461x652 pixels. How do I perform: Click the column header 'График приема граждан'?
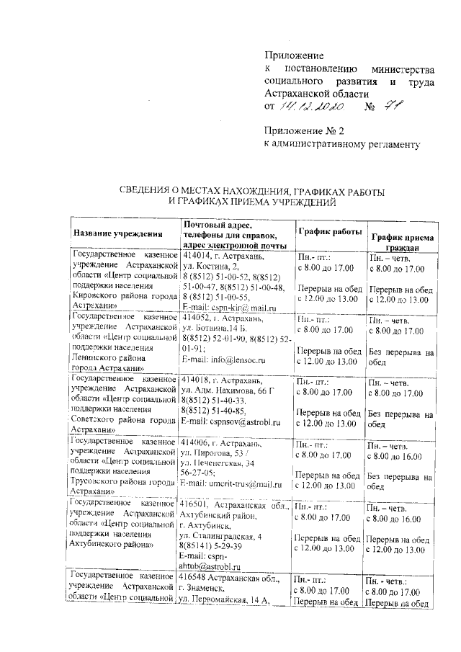(402, 241)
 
